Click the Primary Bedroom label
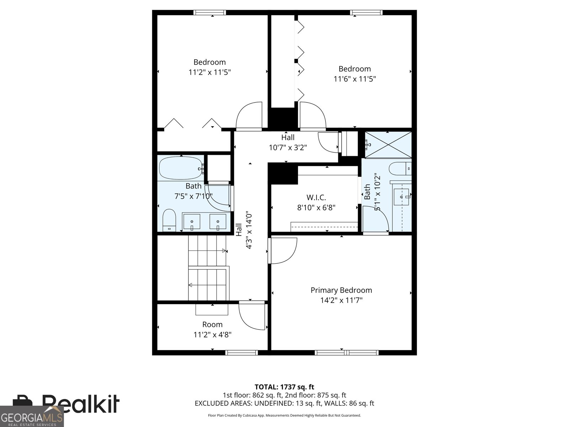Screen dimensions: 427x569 point(341,290)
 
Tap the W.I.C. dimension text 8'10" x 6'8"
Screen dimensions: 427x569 point(316,207)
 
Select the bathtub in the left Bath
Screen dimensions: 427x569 point(180,168)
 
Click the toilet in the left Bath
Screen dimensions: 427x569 point(169,220)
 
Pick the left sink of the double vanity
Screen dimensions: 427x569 point(192,222)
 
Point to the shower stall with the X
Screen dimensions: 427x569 point(388,145)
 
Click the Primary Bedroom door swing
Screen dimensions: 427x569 point(283,251)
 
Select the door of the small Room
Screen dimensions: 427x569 point(252,316)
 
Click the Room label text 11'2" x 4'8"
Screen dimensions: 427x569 point(212,335)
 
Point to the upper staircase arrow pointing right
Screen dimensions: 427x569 point(224,251)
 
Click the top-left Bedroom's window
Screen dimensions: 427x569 point(210,13)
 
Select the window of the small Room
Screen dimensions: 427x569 point(242,353)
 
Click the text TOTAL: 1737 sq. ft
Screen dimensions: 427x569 point(284,387)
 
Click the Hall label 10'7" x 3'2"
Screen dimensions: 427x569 point(288,147)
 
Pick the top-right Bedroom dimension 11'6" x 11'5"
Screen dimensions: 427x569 point(355,79)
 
